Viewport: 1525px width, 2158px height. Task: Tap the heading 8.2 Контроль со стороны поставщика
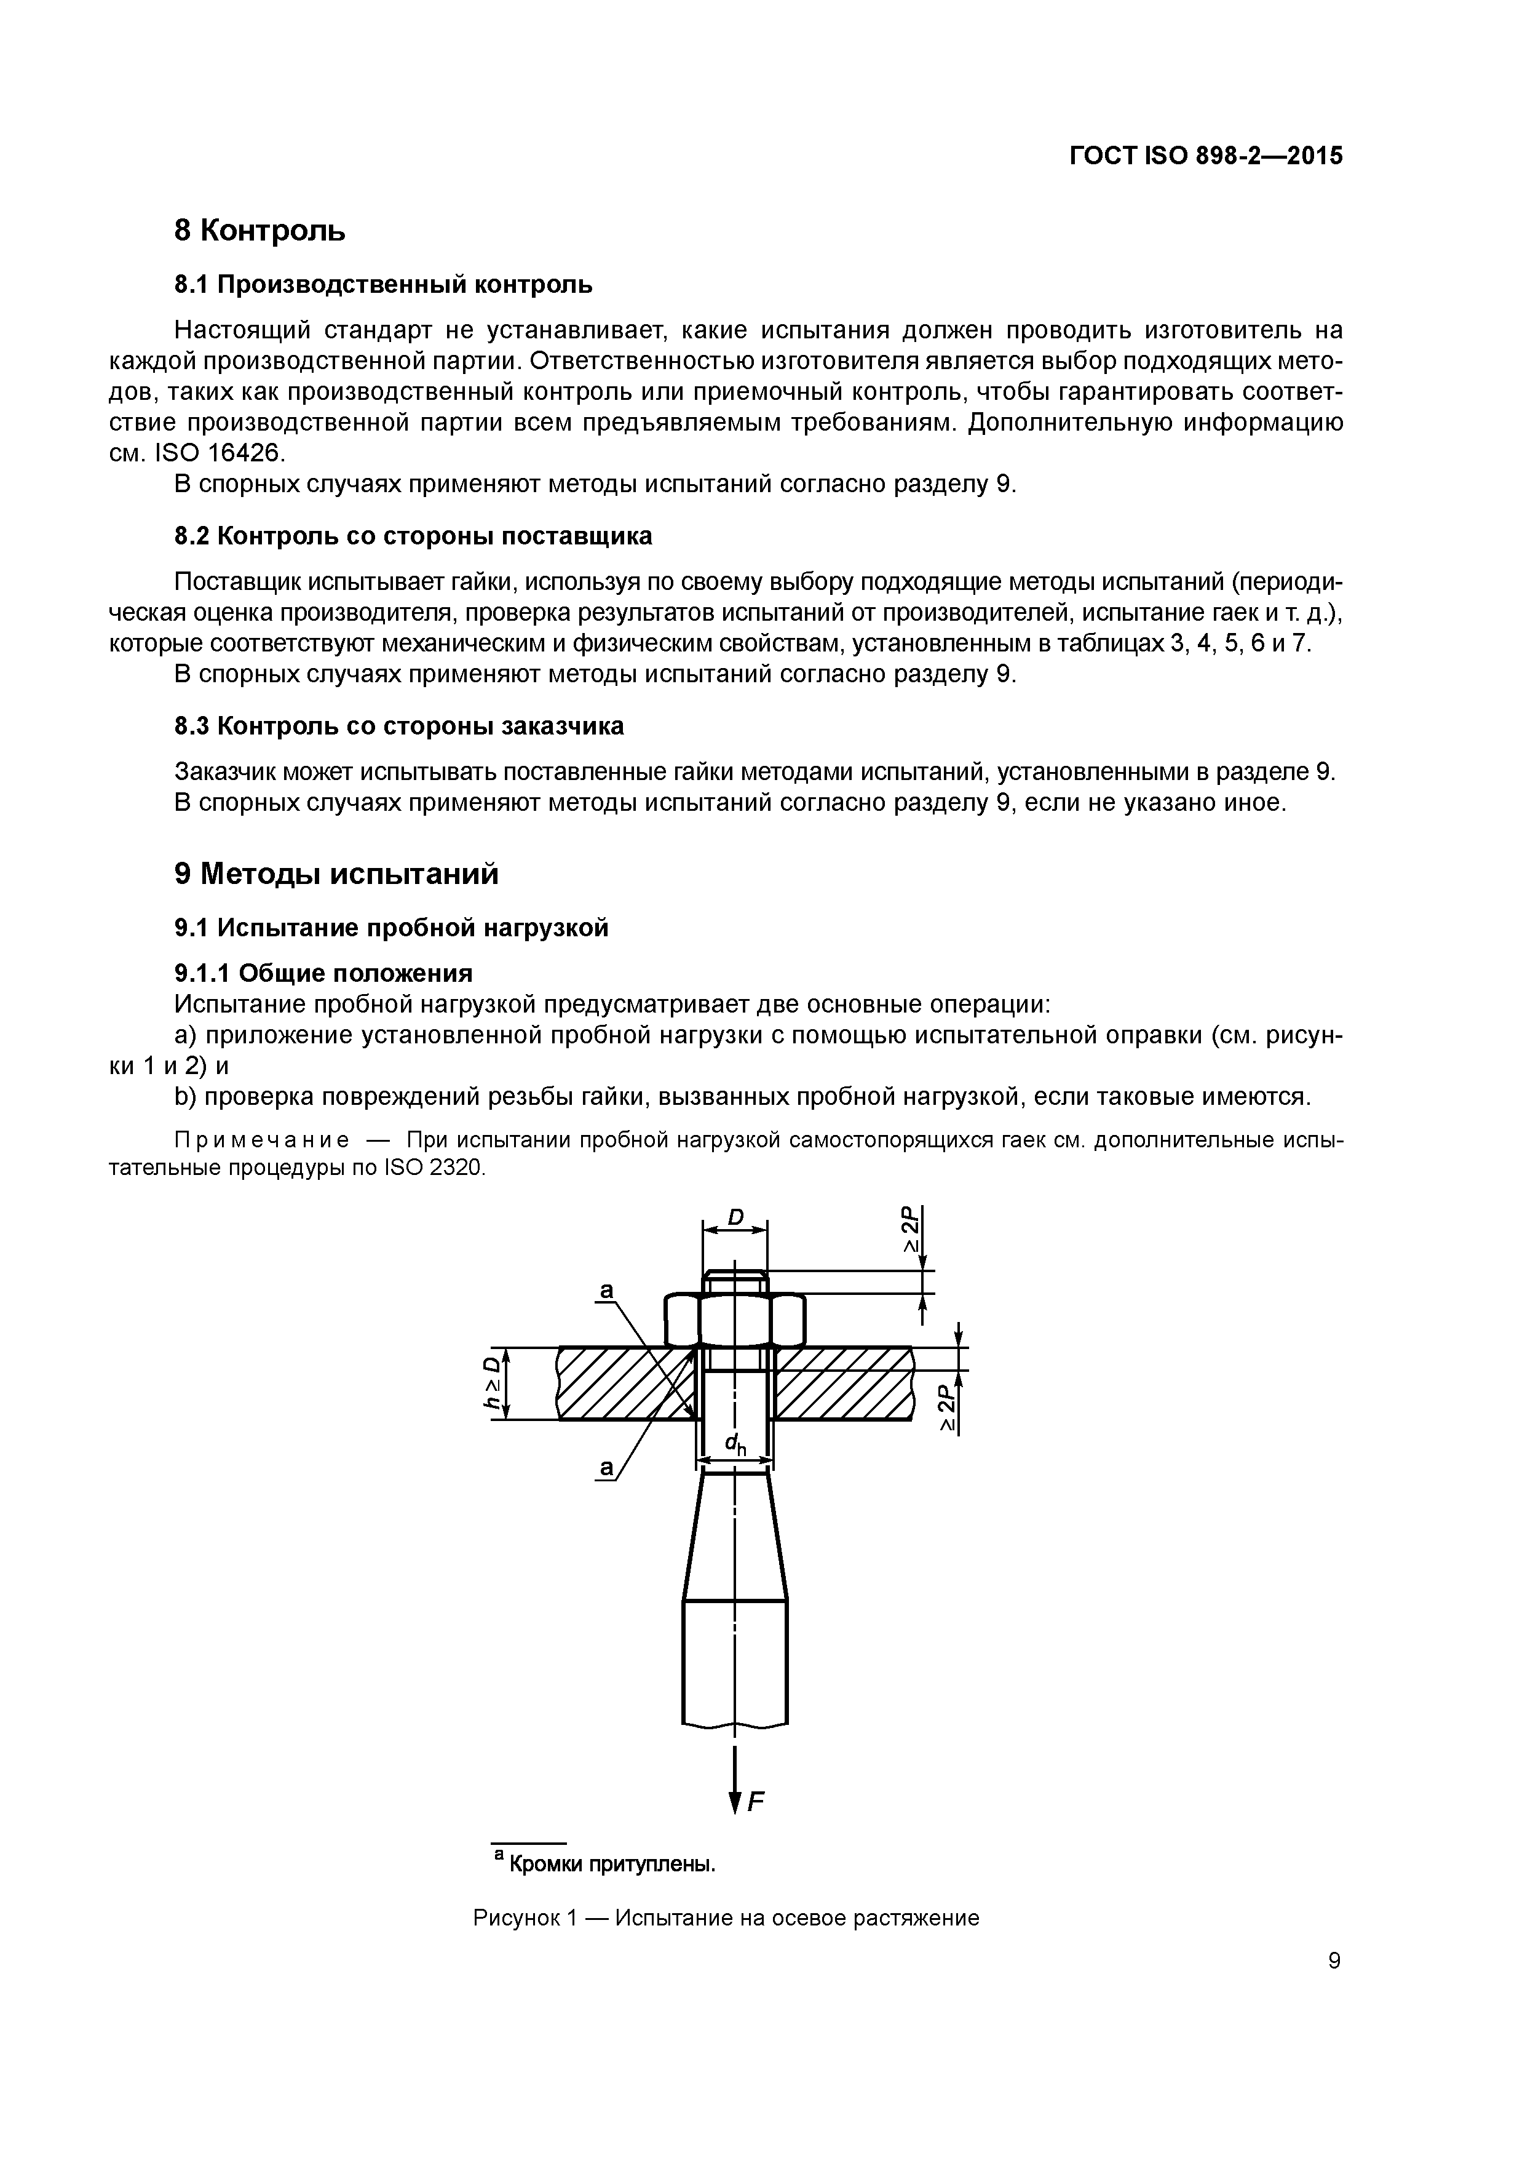coord(413,536)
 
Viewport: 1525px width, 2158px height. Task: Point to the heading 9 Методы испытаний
coord(336,874)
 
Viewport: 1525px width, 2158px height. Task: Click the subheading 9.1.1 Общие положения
coord(323,972)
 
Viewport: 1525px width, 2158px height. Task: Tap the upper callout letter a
coord(606,1292)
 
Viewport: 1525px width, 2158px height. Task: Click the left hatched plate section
coord(620,1383)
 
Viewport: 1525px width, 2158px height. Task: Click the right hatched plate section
coord(841,1383)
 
